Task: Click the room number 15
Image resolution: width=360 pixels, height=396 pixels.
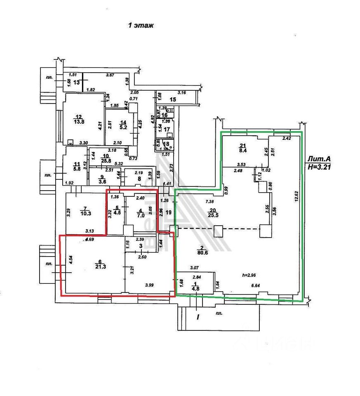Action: [x=173, y=100]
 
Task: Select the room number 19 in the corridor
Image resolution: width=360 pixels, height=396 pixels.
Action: [x=168, y=213]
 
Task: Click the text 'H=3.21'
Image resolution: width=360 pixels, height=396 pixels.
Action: [x=320, y=167]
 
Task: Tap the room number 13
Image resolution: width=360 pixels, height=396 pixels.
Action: [x=76, y=82]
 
